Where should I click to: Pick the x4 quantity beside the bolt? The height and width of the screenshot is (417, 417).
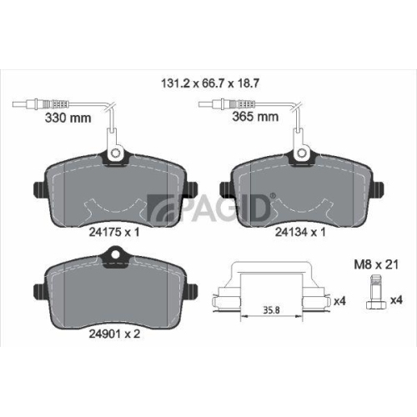pyautogui.click(x=398, y=299)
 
